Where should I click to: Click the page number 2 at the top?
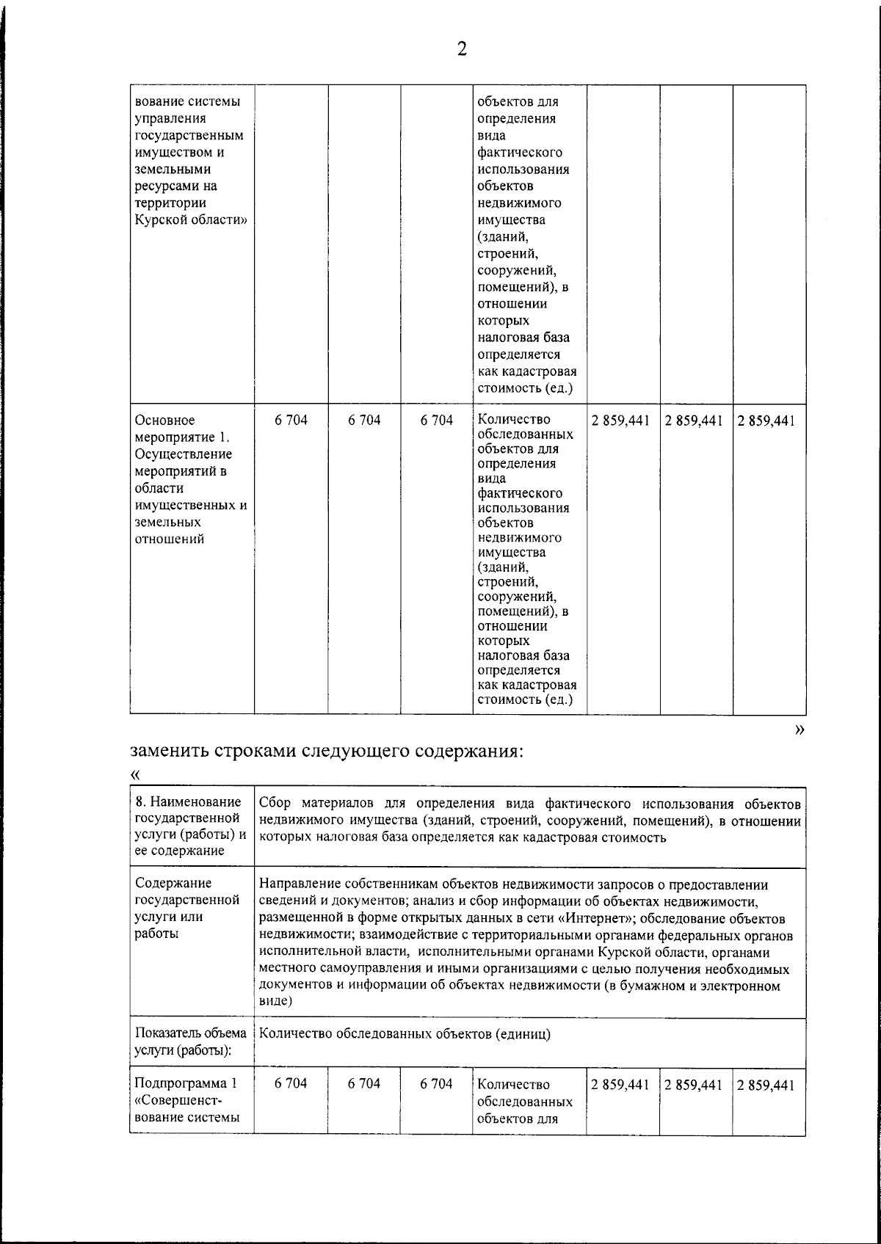coord(462,49)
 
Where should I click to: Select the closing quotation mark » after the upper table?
coord(800,729)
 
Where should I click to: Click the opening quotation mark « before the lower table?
coord(134,775)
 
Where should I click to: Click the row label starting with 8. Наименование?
coord(188,801)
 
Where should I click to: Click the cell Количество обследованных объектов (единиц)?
coord(405,1033)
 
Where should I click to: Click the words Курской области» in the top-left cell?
coord(190,219)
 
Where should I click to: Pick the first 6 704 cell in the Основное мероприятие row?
coord(291,421)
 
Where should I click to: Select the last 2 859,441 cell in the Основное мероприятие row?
coord(766,421)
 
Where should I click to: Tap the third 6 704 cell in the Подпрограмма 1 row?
coord(436,1084)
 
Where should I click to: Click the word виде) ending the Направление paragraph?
coord(276,1000)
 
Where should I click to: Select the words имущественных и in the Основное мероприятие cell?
coord(190,506)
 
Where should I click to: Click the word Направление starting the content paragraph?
coord(298,884)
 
